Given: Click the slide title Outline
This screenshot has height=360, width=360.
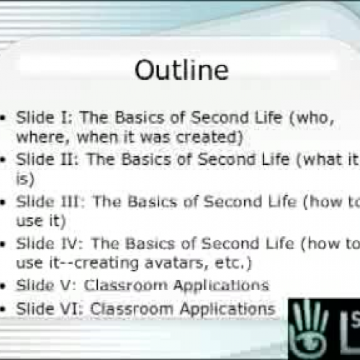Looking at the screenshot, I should [181, 70].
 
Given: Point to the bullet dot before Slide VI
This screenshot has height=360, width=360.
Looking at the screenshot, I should [5, 310].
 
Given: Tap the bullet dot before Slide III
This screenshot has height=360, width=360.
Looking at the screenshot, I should [5, 202].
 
